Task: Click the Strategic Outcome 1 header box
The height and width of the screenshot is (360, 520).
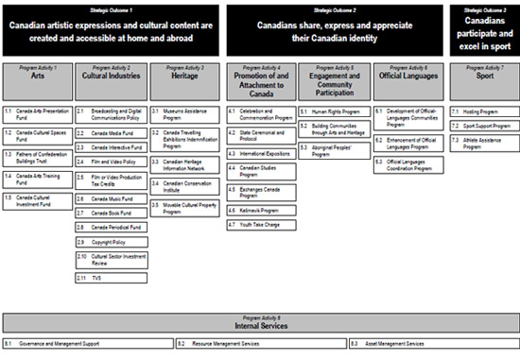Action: pos(111,28)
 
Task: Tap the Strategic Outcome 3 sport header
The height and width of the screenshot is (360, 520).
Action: pos(484,28)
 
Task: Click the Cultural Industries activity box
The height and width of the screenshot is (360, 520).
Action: pos(109,79)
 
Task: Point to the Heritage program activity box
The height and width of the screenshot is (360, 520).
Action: pos(183,79)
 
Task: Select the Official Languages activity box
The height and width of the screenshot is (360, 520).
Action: pos(407,79)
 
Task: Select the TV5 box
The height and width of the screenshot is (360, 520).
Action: pos(109,277)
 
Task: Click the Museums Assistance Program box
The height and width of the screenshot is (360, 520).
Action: pos(183,114)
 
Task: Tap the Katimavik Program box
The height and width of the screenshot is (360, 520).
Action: pos(260,210)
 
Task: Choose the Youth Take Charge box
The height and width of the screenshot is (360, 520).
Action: pos(260,224)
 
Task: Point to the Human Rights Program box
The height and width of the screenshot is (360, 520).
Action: pos(333,111)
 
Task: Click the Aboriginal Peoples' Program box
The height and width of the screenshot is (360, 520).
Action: pos(333,150)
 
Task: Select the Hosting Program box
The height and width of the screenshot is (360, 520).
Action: pos(484,111)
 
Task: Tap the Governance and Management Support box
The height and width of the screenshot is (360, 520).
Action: pos(87,344)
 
